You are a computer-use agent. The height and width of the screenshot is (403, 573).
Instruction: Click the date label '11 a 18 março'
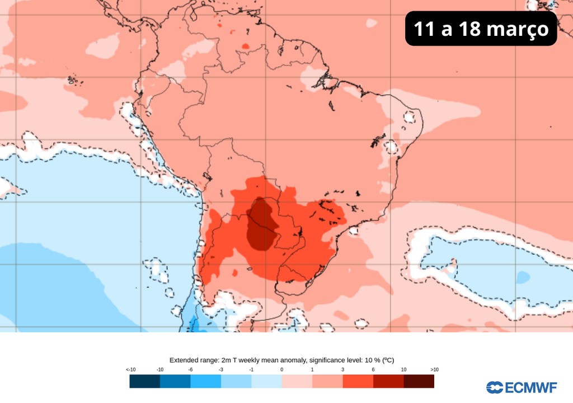(481, 28)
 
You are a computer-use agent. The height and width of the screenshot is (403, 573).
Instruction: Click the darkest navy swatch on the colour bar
(144, 381)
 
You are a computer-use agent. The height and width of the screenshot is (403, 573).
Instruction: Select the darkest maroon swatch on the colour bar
(419, 381)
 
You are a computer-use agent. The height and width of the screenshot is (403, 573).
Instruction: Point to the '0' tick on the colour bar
(281, 369)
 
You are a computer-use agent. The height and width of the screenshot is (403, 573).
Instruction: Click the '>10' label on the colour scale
(435, 369)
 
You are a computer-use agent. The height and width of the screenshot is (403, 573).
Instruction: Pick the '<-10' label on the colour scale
(130, 369)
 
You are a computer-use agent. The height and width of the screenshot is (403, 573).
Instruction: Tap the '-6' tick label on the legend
(191, 369)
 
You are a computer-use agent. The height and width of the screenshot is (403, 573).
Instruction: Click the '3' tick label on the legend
(342, 369)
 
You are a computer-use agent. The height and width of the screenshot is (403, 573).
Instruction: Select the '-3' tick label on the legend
(221, 369)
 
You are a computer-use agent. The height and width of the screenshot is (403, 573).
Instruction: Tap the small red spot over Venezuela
(245, 46)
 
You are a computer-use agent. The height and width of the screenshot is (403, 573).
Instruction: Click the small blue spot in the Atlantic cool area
(523, 277)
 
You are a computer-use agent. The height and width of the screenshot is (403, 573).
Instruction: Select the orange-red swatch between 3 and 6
(358, 381)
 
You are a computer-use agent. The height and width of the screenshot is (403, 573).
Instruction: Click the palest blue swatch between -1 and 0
(266, 381)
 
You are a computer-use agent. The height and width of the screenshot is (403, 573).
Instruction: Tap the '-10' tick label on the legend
(160, 369)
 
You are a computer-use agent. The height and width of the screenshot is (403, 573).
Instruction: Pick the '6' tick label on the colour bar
(373, 369)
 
